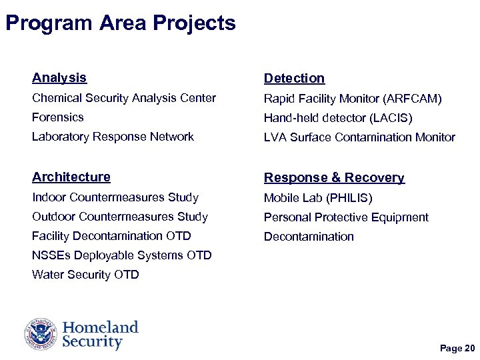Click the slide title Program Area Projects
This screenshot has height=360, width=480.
(x=120, y=23)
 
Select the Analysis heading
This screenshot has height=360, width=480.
(x=59, y=78)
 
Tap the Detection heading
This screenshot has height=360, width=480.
(x=294, y=79)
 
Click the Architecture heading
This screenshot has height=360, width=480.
(x=71, y=177)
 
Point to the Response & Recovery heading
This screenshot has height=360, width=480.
(x=334, y=178)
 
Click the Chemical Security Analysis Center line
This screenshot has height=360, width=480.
(x=124, y=99)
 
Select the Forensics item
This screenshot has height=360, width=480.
(x=58, y=117)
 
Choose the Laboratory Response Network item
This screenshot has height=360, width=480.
(x=113, y=137)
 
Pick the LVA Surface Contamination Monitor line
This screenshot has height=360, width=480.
(x=359, y=137)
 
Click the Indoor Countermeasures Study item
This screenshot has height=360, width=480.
(x=115, y=197)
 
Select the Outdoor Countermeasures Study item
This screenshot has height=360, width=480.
(x=120, y=217)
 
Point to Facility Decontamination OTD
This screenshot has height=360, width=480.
(x=111, y=236)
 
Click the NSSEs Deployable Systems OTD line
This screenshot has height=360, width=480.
(x=121, y=255)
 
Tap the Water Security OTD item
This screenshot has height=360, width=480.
(x=85, y=275)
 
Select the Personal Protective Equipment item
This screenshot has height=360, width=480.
(x=346, y=217)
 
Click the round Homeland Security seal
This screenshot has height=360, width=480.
(x=41, y=334)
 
